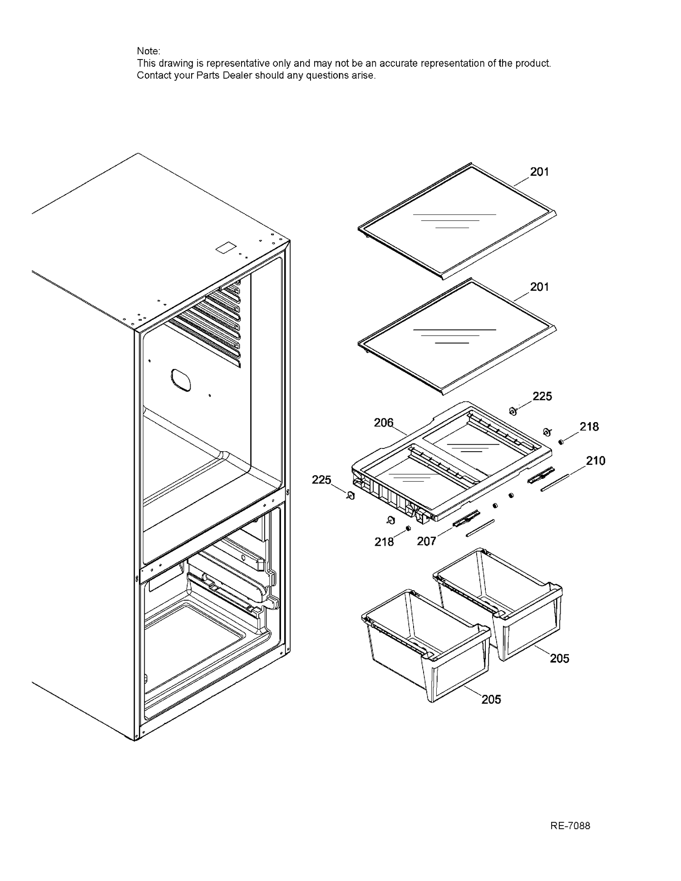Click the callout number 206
pyautogui.click(x=384, y=423)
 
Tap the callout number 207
pyautogui.click(x=426, y=541)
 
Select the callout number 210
pyautogui.click(x=596, y=461)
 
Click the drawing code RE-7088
pyautogui.click(x=570, y=826)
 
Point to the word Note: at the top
pyautogui.click(x=148, y=51)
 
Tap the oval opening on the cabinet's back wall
pyautogui.click(x=181, y=380)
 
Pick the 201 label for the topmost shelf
pyautogui.click(x=539, y=172)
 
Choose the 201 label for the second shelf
pyautogui.click(x=539, y=287)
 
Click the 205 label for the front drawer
pyautogui.click(x=491, y=699)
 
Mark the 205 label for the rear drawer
pyautogui.click(x=559, y=658)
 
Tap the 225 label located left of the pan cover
pyautogui.click(x=321, y=480)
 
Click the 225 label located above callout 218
pyautogui.click(x=542, y=396)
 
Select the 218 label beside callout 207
pyautogui.click(x=384, y=541)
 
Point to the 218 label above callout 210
pyautogui.click(x=589, y=427)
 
